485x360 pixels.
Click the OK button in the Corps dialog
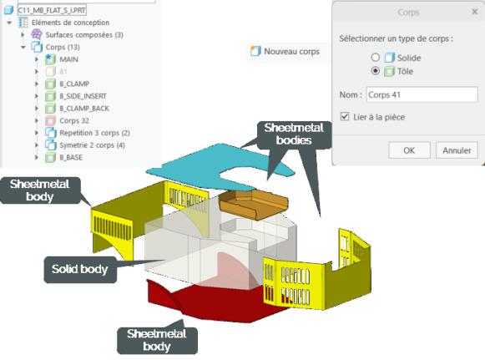coord(409,150)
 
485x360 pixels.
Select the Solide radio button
coord(375,58)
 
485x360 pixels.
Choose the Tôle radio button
coord(375,71)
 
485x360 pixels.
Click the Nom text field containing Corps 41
coord(422,94)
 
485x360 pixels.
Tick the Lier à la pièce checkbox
coord(345,116)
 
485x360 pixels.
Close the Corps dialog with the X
coord(474,12)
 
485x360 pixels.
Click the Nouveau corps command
coord(285,52)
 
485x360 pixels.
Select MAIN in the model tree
coord(68,59)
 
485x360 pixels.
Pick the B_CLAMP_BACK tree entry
coord(84,109)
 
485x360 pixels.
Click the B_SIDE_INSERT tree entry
coord(83,96)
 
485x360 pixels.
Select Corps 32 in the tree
coord(74,120)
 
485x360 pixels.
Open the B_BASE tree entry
coord(71,157)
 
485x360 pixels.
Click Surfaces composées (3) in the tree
coord(84,35)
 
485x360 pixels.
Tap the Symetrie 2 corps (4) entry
coord(92,145)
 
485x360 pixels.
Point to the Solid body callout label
coord(80,269)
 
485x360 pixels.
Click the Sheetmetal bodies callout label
coord(294,134)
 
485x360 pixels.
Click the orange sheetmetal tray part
coord(254,205)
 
